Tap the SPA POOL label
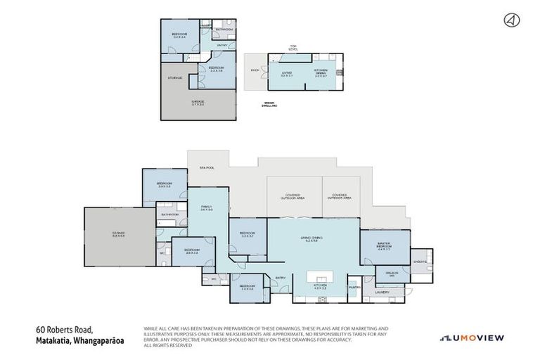(206, 168)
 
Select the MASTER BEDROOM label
(383, 246)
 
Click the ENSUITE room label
(420, 261)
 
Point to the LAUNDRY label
(382, 292)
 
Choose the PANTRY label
(354, 287)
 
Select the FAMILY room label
(207, 207)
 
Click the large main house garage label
(117, 234)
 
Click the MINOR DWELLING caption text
(269, 103)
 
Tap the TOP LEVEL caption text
(294, 49)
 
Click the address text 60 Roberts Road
(65, 328)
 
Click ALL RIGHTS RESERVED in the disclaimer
(167, 345)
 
